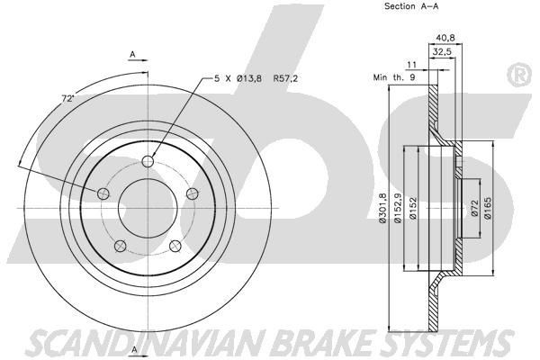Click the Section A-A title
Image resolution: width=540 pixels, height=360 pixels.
tap(411, 6)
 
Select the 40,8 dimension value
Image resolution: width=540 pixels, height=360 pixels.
tap(445, 38)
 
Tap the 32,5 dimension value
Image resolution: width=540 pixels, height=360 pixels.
tap(442, 52)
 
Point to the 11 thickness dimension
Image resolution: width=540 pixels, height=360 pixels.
tap(412, 65)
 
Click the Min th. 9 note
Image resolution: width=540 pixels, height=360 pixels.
tap(394, 77)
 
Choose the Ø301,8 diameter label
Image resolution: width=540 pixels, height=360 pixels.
tap(383, 208)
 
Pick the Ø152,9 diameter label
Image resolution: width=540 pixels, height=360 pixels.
tap(398, 208)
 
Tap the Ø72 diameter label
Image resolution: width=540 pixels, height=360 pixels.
tap(475, 208)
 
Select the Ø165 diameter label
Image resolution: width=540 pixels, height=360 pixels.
tap(488, 208)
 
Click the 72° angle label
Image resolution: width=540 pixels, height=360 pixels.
tap(67, 98)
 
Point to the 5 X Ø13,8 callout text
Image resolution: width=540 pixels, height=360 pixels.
tap(238, 78)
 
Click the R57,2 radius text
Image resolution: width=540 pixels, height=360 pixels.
tap(285, 78)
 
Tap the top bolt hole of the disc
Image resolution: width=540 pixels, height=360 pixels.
tap(148, 161)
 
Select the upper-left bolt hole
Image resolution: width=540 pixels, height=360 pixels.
tap(103, 193)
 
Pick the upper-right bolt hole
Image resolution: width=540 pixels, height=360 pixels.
tap(193, 193)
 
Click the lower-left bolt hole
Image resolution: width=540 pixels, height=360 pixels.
tap(121, 246)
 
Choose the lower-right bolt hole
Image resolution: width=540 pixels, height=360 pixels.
tap(175, 246)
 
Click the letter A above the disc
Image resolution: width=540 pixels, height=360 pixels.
tap(132, 54)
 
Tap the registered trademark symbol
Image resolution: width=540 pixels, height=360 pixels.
tap(520, 75)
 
